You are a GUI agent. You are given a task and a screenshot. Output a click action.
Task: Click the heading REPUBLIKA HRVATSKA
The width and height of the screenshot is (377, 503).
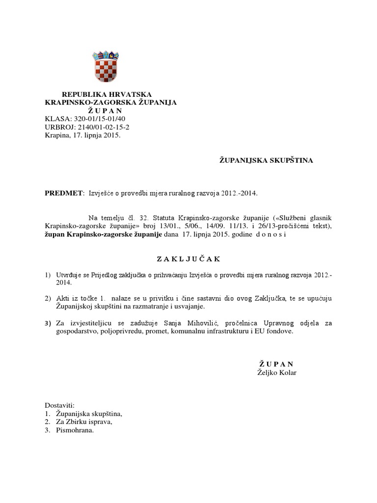[107, 94]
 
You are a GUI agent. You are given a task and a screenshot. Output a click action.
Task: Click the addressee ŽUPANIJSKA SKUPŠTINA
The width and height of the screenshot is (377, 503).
[266, 160]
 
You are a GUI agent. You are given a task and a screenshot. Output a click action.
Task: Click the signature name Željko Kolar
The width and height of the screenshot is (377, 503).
[277, 372]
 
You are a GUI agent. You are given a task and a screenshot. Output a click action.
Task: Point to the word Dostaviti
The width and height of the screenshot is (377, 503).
[59, 406]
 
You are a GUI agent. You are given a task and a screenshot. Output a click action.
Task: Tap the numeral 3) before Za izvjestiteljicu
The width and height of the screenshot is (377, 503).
[48, 323]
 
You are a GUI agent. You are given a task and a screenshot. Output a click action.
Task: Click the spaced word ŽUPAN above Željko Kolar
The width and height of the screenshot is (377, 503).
[276, 364]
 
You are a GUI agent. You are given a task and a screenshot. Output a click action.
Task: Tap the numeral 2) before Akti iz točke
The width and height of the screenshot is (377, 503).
[48, 298]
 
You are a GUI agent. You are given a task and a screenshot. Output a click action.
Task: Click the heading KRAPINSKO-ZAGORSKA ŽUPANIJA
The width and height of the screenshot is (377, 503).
[111, 102]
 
